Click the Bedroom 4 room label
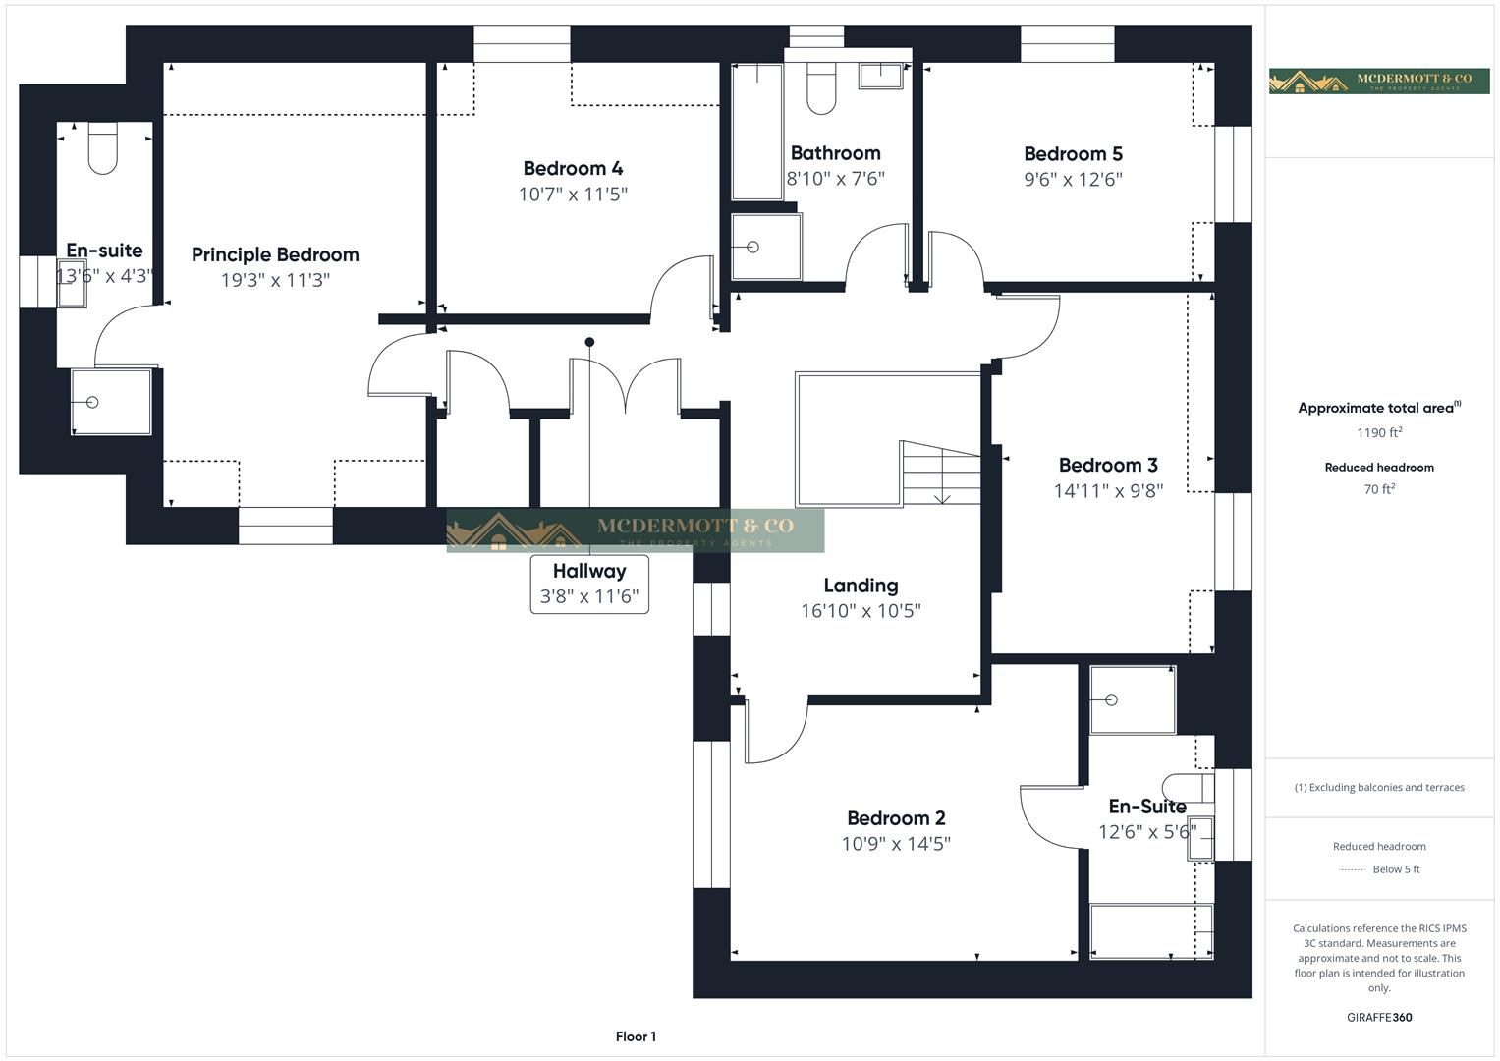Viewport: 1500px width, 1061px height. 573,168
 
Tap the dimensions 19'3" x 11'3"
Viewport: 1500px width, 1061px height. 275,280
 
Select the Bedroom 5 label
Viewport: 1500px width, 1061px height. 1073,153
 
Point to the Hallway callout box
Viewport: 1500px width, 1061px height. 589,584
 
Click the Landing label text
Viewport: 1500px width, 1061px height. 861,586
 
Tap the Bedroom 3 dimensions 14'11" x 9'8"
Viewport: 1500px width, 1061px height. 1108,490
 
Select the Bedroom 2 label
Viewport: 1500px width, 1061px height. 896,818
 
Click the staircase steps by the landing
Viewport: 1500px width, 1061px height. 941,474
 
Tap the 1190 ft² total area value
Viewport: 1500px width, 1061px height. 1378,432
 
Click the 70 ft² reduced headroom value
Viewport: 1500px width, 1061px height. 1378,489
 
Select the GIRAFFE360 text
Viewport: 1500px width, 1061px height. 1378,1017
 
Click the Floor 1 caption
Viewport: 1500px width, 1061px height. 636,1036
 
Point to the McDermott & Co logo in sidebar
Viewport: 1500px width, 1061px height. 1378,81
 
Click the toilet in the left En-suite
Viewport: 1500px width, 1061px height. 103,147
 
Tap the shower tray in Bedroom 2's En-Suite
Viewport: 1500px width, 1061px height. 1133,699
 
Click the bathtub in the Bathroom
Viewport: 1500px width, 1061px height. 756,132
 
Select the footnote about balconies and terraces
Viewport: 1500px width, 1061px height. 1378,787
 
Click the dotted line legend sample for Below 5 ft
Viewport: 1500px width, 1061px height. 1352,869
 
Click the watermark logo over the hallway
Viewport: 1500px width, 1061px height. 635,530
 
